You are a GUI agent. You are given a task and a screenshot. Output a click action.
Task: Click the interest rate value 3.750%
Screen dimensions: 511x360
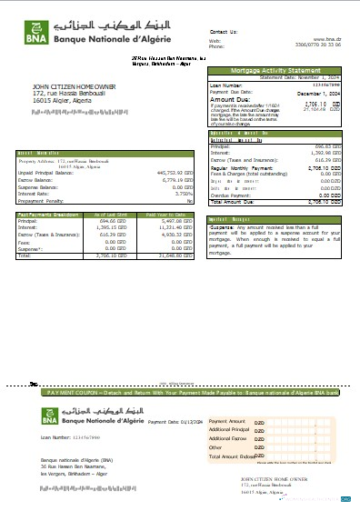[185, 193]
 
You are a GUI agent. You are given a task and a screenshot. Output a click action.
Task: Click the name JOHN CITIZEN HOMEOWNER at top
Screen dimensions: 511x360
[72, 86]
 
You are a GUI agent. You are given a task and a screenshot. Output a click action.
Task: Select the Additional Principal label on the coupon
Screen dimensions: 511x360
[228, 430]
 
